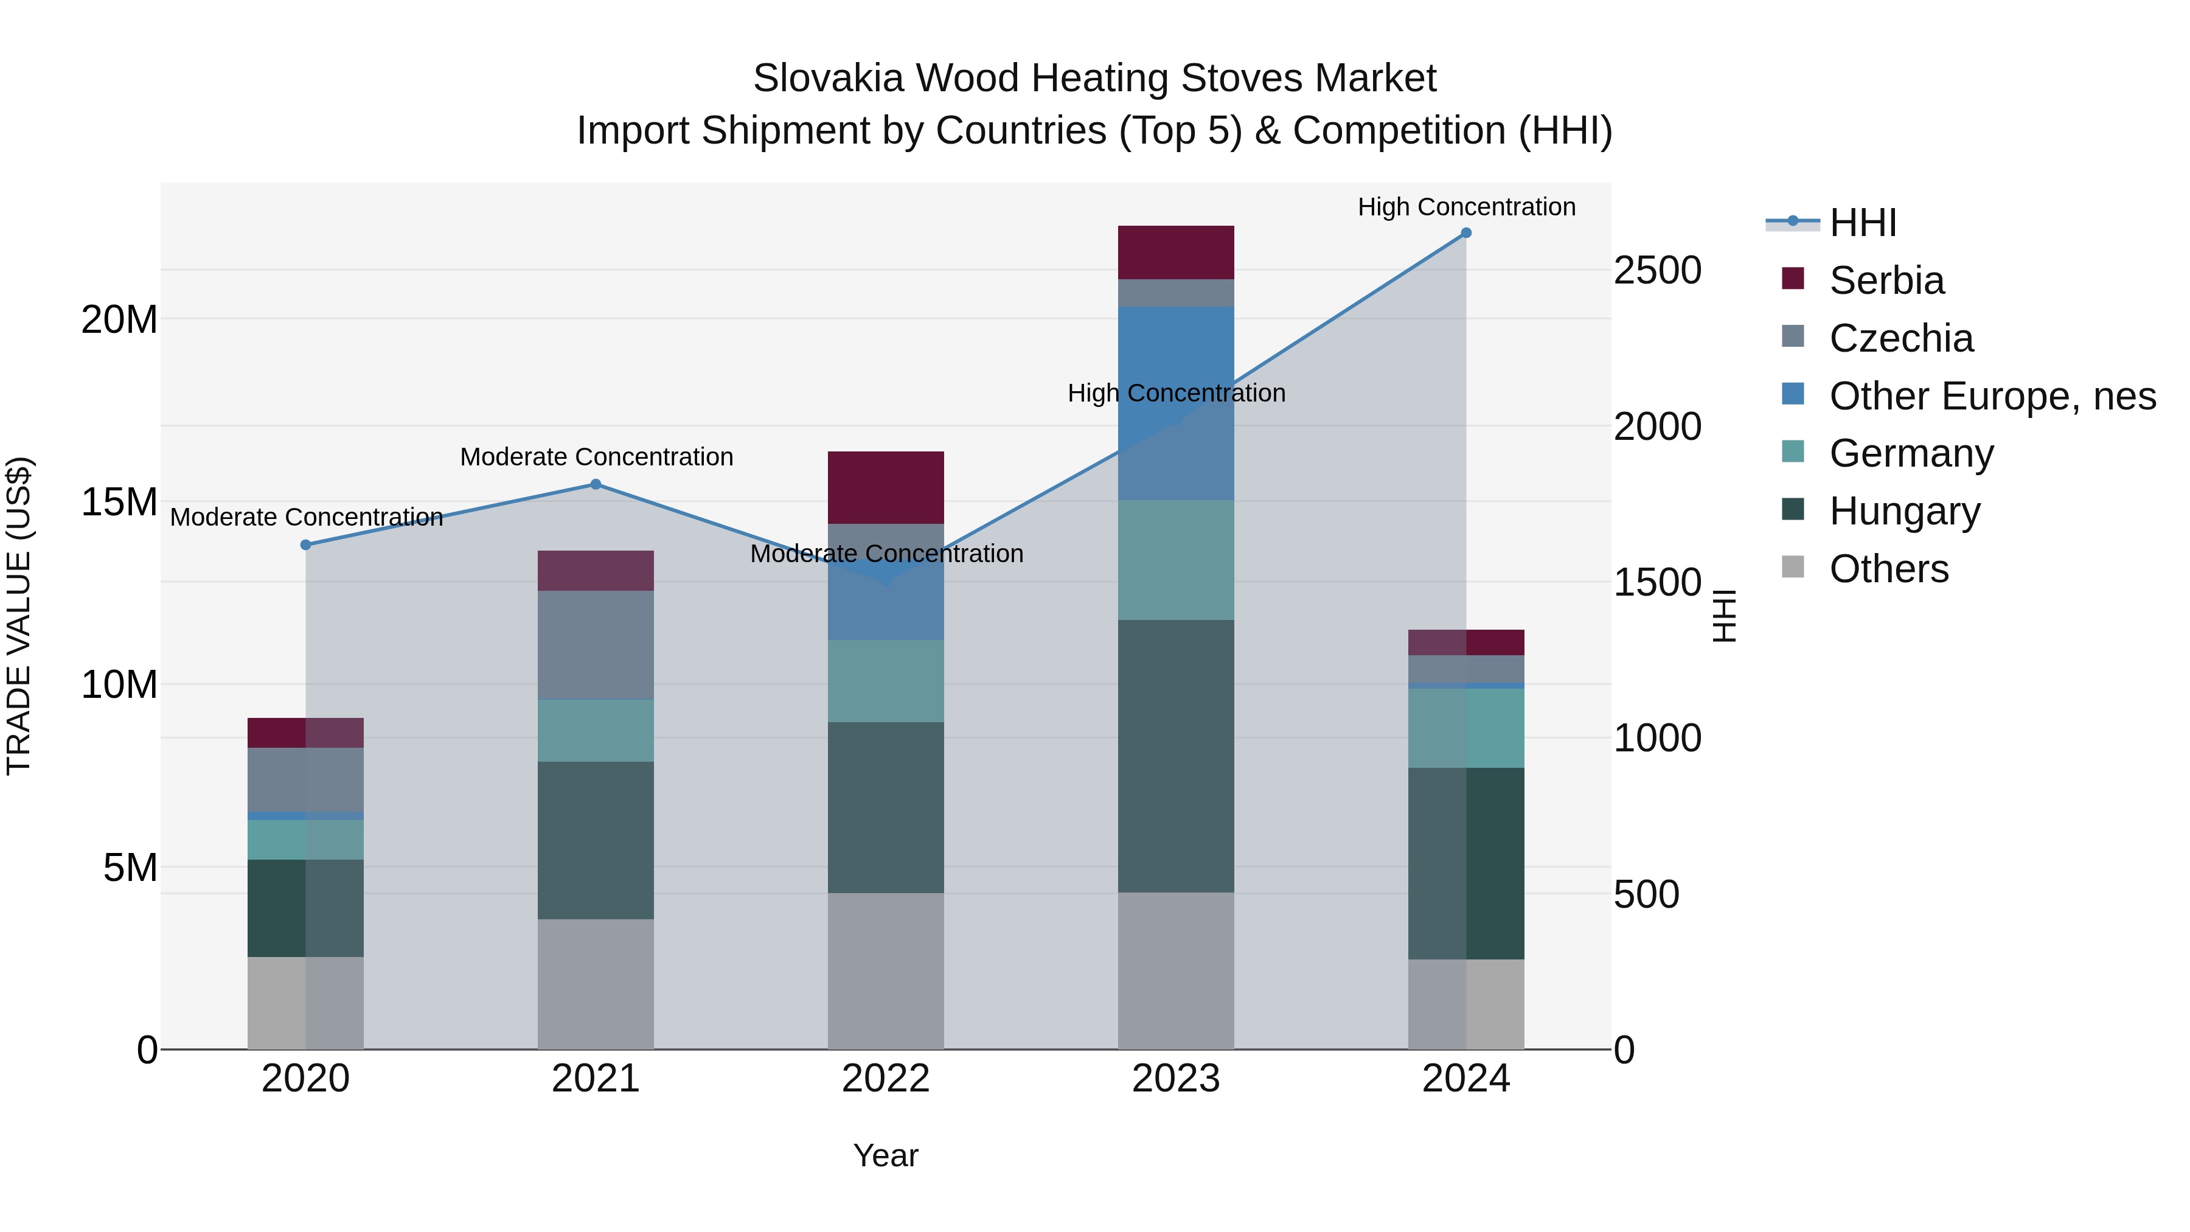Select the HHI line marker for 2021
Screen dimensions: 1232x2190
[x=596, y=485]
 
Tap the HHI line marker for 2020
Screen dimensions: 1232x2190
[x=306, y=545]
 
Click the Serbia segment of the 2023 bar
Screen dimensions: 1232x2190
[x=1176, y=252]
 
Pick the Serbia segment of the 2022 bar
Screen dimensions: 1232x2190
[x=886, y=487]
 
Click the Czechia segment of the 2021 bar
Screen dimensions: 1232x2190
[x=596, y=644]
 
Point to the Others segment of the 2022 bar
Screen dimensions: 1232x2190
[x=886, y=970]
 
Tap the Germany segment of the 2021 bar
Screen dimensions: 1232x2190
[x=596, y=730]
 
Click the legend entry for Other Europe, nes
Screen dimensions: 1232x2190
[x=1992, y=396]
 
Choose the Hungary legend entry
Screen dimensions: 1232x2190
[x=1904, y=511]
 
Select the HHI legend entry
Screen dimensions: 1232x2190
[x=1862, y=223]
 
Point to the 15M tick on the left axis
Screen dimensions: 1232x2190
[x=119, y=502]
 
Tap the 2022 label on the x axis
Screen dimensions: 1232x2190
[x=886, y=1079]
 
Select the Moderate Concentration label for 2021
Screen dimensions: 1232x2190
[x=596, y=456]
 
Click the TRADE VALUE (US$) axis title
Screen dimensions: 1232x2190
[x=19, y=616]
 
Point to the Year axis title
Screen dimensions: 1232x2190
[x=886, y=1155]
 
